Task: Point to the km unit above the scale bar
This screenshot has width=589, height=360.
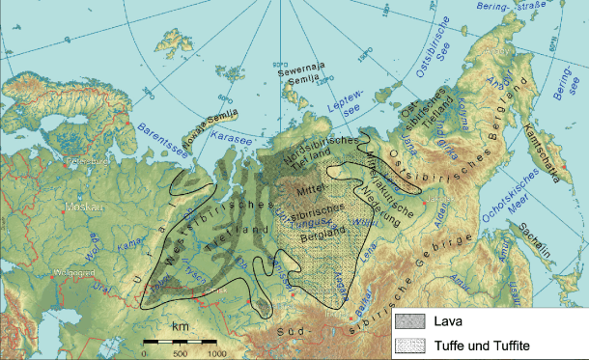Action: pyautogui.click(x=181, y=328)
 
